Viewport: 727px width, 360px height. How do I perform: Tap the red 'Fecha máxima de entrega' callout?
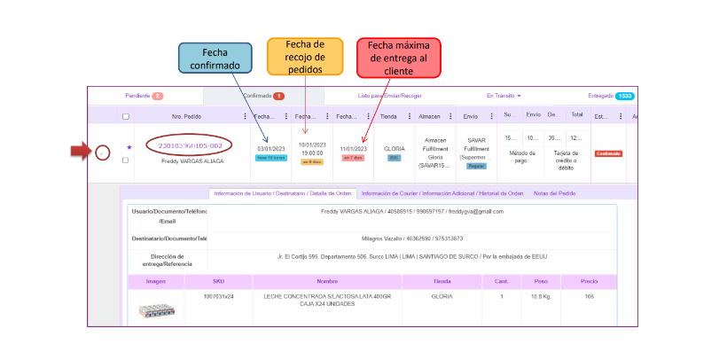(x=398, y=58)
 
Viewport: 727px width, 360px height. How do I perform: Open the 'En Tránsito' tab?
(x=503, y=96)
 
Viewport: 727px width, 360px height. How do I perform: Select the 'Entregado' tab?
(x=610, y=96)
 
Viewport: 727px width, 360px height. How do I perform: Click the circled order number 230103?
(x=190, y=145)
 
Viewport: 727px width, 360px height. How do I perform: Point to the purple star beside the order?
(x=129, y=147)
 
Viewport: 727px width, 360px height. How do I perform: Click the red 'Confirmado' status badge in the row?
(x=608, y=153)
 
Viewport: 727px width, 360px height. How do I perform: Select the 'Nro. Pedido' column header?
(x=187, y=116)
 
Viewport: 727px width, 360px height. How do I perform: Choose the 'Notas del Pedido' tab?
(x=554, y=193)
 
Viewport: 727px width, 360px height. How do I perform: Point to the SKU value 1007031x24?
(x=218, y=296)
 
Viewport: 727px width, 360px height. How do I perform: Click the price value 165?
(x=588, y=296)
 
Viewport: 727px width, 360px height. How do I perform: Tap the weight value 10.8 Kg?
(x=541, y=296)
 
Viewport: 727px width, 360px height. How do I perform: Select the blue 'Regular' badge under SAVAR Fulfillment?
(x=475, y=166)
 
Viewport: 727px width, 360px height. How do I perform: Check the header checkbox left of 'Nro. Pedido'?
(x=126, y=116)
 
